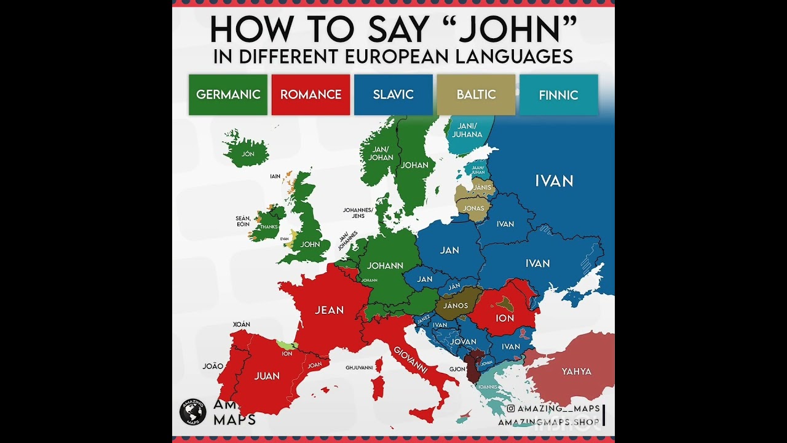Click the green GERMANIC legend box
tap(228, 95)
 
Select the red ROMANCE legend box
tap(310, 95)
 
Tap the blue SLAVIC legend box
tap(393, 95)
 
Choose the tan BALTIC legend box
tap(476, 95)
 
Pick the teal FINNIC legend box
tap(558, 95)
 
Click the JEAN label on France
tap(329, 310)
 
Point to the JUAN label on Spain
tap(267, 376)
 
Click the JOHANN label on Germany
tap(385, 266)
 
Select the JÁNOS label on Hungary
tap(456, 306)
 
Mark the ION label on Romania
tap(505, 318)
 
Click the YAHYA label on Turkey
tap(576, 372)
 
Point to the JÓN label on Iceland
tap(248, 154)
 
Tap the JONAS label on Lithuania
tap(473, 208)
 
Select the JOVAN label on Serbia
tap(464, 341)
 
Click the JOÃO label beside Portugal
tap(213, 366)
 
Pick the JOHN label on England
tap(310, 244)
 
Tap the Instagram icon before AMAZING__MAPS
tap(511, 409)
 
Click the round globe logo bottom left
tap(192, 412)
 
